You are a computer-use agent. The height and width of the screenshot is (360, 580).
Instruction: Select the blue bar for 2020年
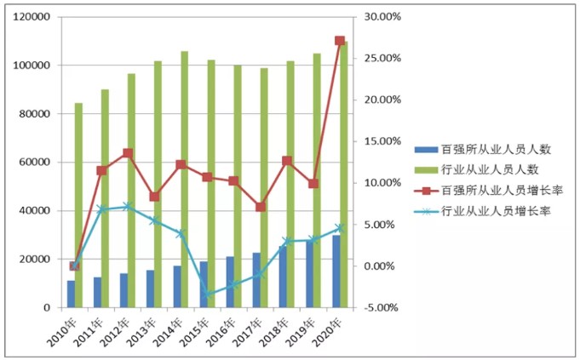(x=336, y=271)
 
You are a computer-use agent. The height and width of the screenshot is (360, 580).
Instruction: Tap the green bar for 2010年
(x=78, y=205)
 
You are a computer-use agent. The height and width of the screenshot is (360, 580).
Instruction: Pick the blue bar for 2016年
(x=230, y=282)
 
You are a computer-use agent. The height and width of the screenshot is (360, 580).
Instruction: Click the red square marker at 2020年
(x=340, y=41)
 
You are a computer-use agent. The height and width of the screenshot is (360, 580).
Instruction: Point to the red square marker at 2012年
(x=127, y=153)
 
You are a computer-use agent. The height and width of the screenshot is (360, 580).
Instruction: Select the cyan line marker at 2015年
(x=207, y=294)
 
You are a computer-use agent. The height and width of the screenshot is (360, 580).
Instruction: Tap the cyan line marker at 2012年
(x=127, y=206)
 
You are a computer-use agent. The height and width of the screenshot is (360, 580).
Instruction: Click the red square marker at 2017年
(x=261, y=207)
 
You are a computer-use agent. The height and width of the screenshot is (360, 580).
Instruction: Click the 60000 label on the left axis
(x=33, y=163)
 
